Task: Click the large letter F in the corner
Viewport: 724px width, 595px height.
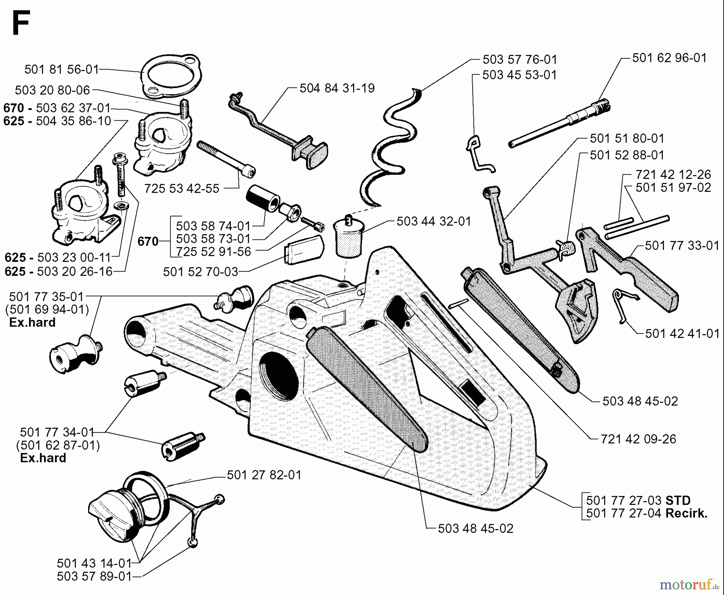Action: pos(21,23)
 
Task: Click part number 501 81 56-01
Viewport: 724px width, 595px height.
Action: pos(62,70)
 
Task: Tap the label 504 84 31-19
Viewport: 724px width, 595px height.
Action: pos(337,88)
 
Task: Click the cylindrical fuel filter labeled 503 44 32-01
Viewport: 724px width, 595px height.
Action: pos(348,237)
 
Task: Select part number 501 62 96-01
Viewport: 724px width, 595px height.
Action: pos(669,58)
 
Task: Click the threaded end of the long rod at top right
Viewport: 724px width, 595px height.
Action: pos(603,106)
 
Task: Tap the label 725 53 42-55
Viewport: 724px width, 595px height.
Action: pos(182,188)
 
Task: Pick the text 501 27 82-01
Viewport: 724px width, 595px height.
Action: pos(264,475)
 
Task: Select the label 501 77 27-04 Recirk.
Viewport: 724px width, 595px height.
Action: pos(646,513)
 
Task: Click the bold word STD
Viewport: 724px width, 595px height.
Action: pos(678,500)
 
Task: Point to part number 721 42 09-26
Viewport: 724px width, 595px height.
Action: pos(638,439)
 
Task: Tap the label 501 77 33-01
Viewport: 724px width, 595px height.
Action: pos(682,245)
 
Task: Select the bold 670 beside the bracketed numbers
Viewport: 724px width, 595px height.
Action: pos(148,241)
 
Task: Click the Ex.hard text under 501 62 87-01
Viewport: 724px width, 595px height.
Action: pos(43,458)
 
